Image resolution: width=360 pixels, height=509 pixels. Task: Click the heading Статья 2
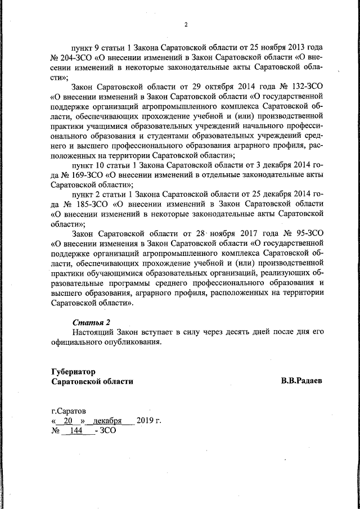tap(92, 322)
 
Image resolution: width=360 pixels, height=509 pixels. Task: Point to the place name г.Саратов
tap(69, 411)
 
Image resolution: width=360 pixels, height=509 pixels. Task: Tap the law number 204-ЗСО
tap(77, 58)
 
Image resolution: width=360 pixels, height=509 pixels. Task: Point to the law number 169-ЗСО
tap(85, 175)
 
